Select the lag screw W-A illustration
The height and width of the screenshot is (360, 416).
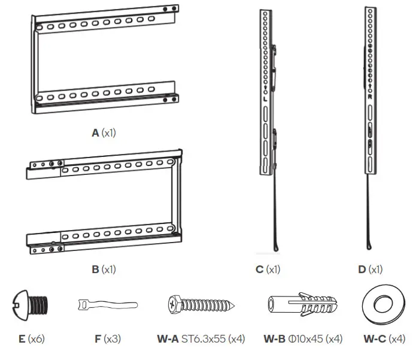pyautogui.click(x=201, y=306)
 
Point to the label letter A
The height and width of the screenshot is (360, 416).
pyautogui.click(x=95, y=133)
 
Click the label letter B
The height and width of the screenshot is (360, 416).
pyautogui.click(x=95, y=270)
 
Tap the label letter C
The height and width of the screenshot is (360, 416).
pyautogui.click(x=259, y=270)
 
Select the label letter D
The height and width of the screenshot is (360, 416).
pyautogui.click(x=362, y=270)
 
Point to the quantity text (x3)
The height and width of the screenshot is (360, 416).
pyautogui.click(x=113, y=339)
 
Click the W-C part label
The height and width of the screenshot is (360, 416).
pyautogui.click(x=375, y=339)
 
